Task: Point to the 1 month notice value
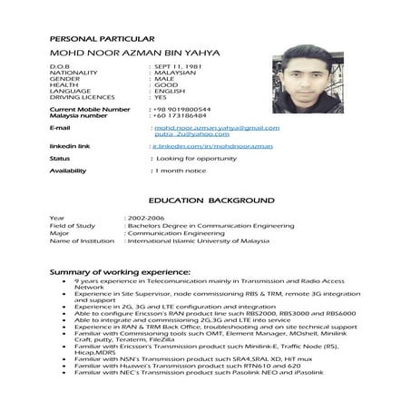(x=181, y=171)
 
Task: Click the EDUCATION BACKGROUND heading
(x=210, y=199)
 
